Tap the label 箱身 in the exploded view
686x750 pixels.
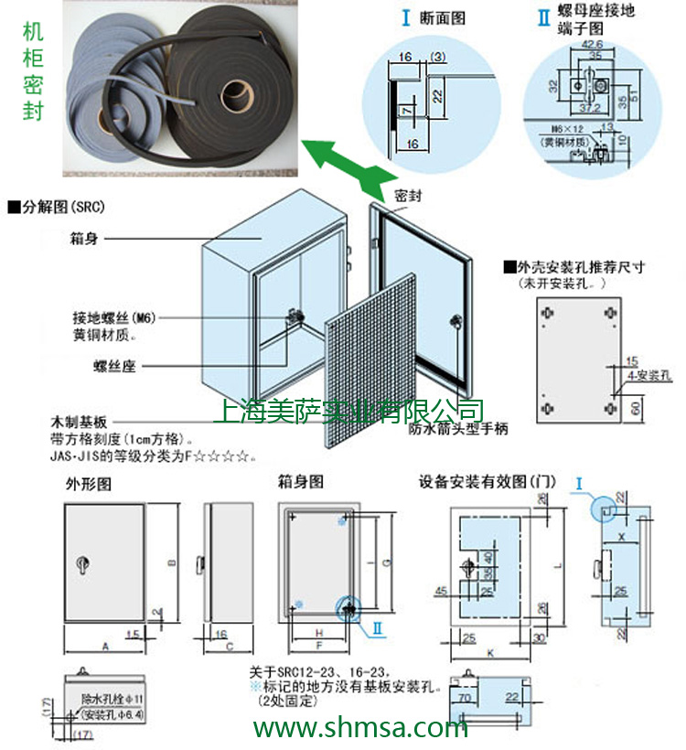coord(84,237)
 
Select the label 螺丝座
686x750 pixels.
coord(113,366)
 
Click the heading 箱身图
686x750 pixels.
coord(300,481)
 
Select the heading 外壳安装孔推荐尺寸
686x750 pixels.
coord(580,268)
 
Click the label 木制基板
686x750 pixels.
coord(77,423)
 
